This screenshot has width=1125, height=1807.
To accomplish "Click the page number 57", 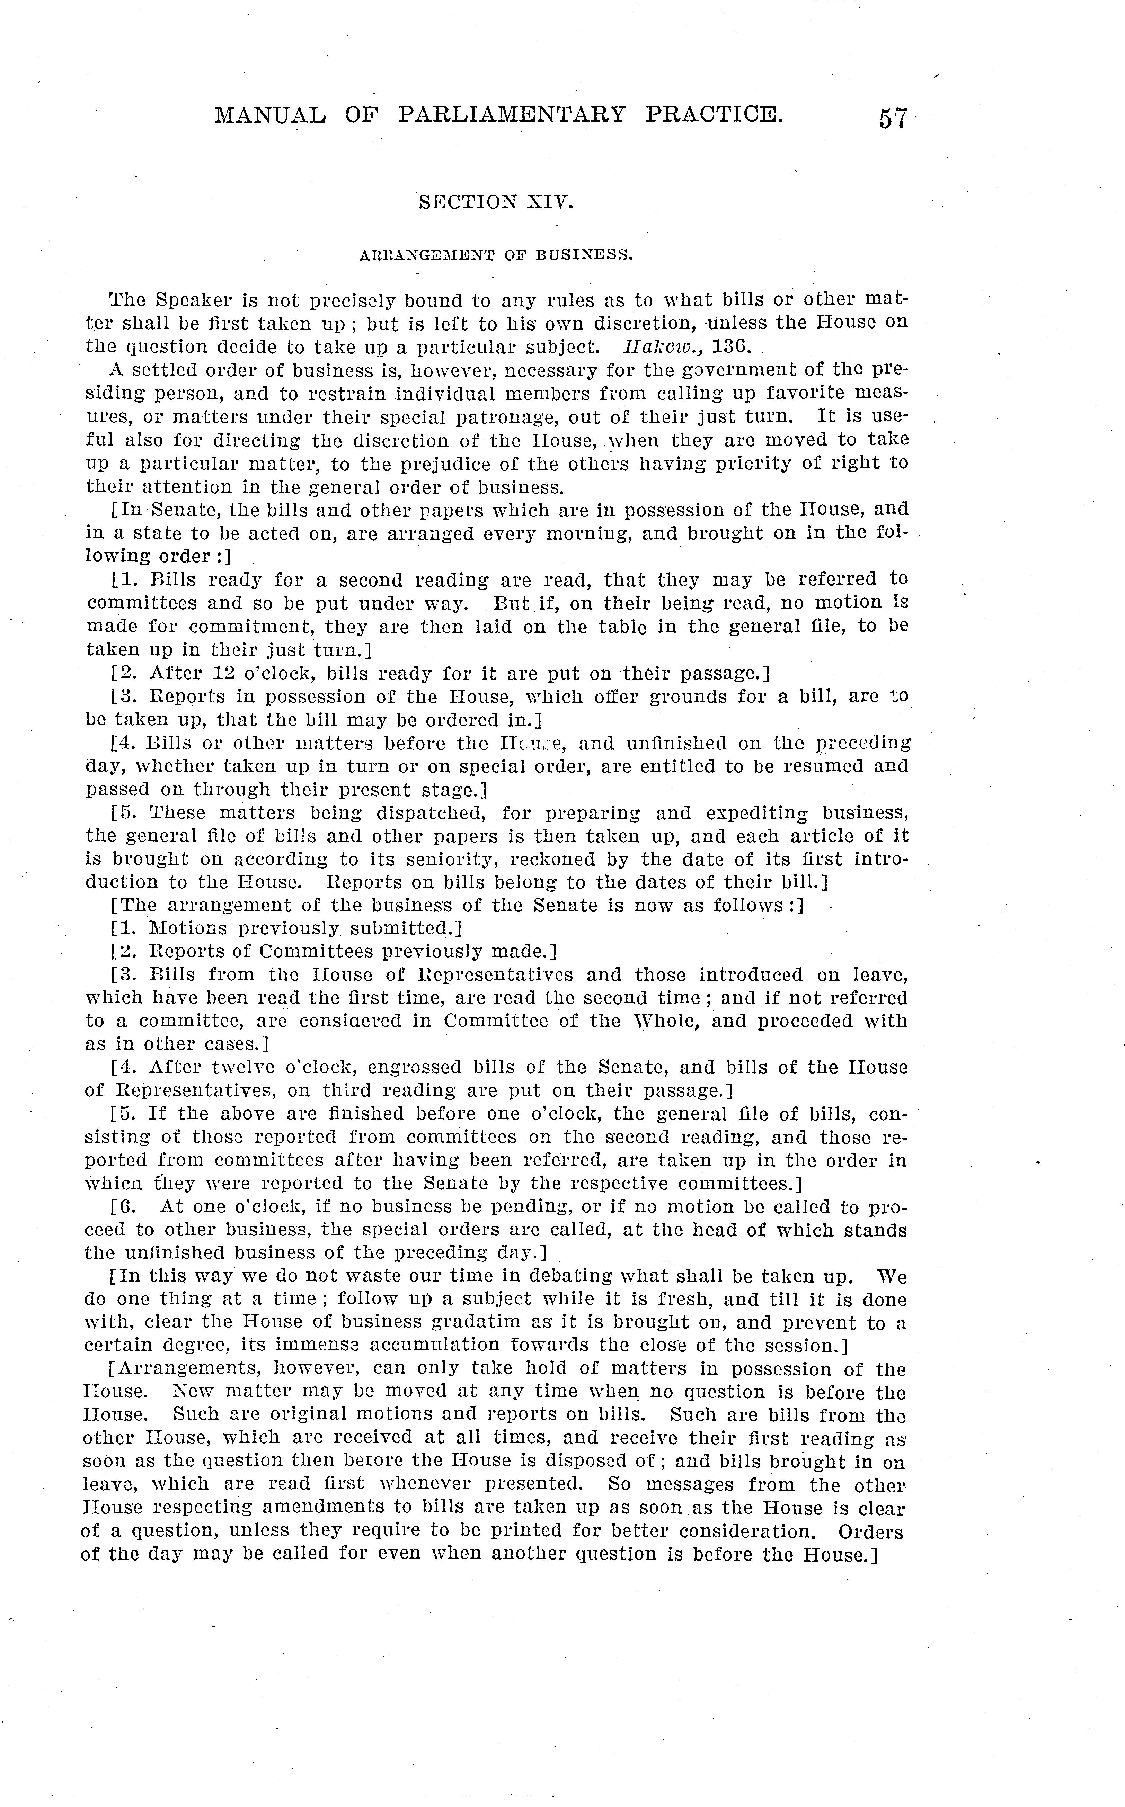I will tap(892, 119).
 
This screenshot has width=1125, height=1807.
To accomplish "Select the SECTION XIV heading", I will tap(496, 201).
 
